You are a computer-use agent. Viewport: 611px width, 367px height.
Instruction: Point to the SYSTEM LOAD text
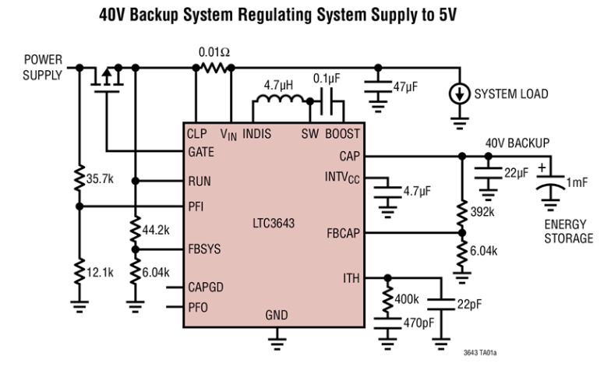(x=511, y=94)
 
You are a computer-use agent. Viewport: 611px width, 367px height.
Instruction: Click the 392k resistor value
(x=483, y=210)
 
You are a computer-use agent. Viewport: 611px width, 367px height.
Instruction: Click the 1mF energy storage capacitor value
(x=578, y=182)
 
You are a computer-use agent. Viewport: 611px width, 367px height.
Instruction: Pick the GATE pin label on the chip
(x=201, y=153)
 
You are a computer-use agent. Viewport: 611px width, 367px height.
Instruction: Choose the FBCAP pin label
(x=344, y=232)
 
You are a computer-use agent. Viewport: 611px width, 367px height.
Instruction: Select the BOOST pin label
(x=342, y=133)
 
